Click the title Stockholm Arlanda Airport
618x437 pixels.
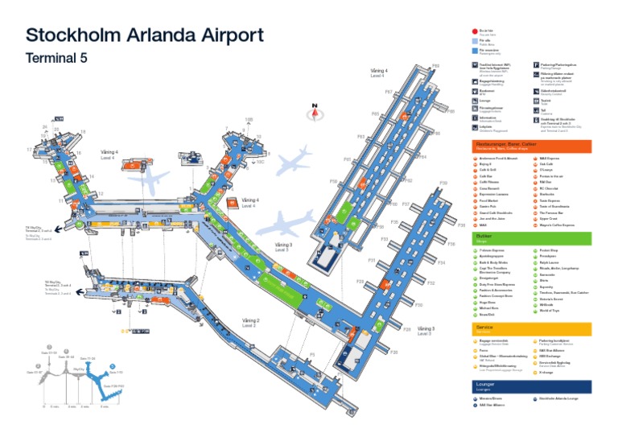tap(145, 36)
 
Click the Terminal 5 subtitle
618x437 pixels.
tap(56, 59)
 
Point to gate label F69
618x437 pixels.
tap(435, 66)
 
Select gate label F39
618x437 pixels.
tap(443, 183)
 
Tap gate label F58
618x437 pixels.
tap(333, 182)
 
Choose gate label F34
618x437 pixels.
tap(441, 262)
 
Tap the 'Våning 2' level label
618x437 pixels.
tap(250, 320)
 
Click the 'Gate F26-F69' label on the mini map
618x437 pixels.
tap(113, 386)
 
